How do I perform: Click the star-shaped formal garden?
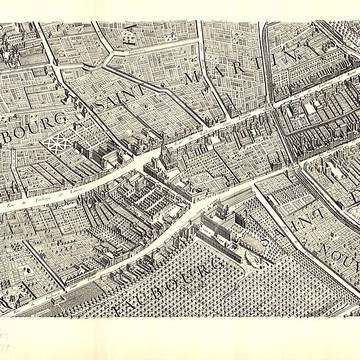(57, 142)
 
